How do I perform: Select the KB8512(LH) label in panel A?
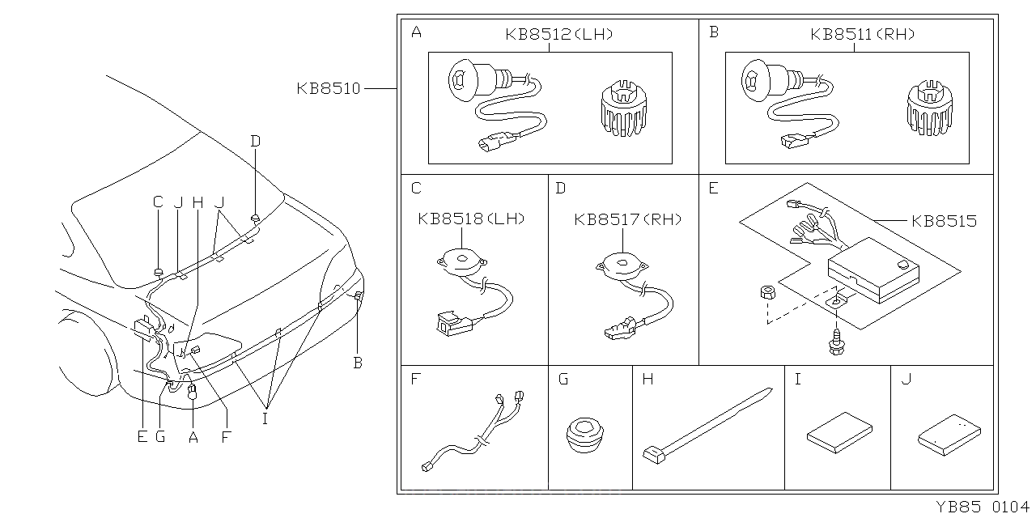click(x=558, y=35)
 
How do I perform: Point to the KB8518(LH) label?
click(x=472, y=219)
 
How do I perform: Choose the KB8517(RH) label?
click(x=628, y=219)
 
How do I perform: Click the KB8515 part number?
click(x=944, y=221)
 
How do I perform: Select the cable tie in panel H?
click(x=704, y=425)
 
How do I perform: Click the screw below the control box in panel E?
click(x=833, y=343)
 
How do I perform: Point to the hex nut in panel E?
click(x=766, y=294)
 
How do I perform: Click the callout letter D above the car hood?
click(x=256, y=142)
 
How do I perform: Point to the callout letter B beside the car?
click(x=358, y=363)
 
